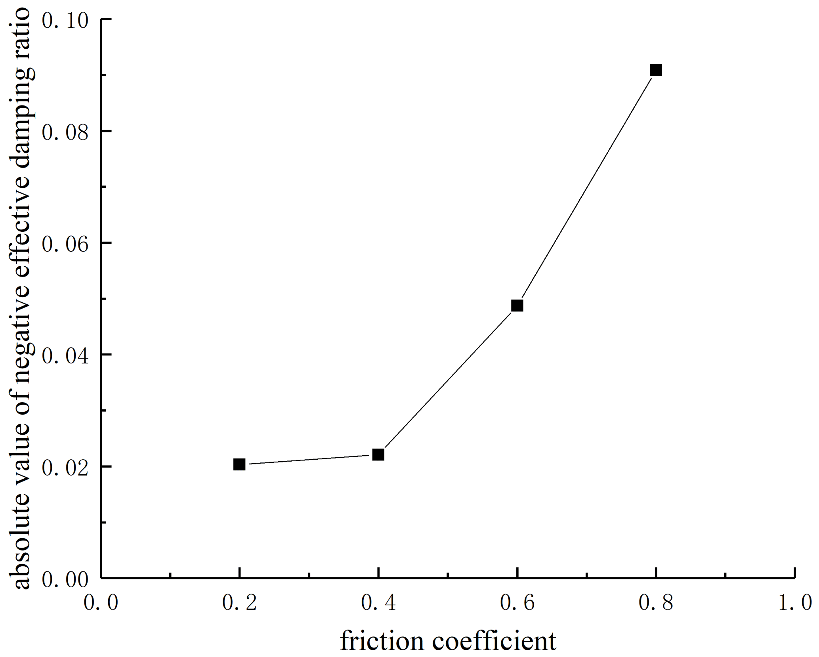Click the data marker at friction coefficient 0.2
239,464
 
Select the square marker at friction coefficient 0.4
378,455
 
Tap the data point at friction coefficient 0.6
517,306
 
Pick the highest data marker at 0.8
656,71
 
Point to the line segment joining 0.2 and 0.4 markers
309,460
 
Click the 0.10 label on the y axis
65,21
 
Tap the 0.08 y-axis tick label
65,132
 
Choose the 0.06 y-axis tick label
65,244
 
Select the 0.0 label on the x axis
101,603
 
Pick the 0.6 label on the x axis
517,603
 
